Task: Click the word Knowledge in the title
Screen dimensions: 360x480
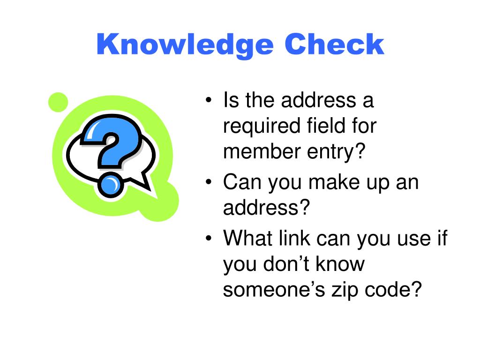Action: click(185, 45)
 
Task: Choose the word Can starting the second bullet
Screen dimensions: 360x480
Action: click(241, 181)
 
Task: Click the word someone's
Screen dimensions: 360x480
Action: click(272, 290)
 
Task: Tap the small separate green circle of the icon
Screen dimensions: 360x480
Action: click(58, 102)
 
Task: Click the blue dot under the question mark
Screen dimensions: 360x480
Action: click(111, 185)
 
